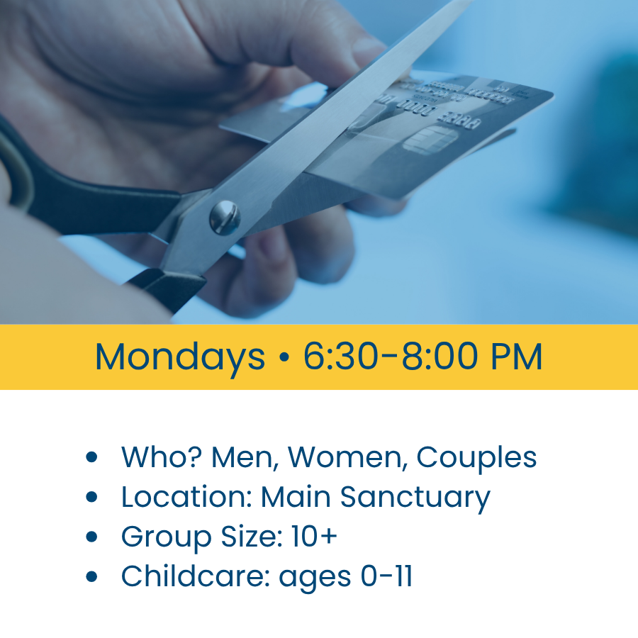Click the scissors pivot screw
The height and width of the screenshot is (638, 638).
(225, 218)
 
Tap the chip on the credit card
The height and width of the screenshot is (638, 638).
(430, 140)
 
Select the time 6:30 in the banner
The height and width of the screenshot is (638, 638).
(340, 357)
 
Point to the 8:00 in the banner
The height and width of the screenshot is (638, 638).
(440, 357)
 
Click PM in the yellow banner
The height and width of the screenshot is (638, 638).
(517, 357)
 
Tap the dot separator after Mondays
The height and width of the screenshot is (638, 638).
(284, 357)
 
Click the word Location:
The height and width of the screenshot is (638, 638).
(186, 497)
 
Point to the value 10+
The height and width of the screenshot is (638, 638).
(314, 537)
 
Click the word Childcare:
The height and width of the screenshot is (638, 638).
(196, 576)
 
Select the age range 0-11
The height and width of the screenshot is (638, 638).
(386, 576)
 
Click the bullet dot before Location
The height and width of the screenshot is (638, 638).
(92, 497)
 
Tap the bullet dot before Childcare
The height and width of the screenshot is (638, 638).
(92, 576)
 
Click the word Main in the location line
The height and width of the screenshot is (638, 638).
(296, 497)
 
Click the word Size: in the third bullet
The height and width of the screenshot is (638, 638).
(252, 537)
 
